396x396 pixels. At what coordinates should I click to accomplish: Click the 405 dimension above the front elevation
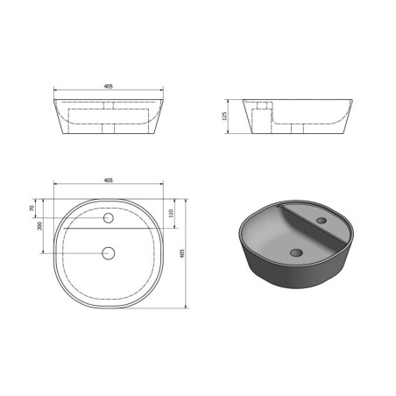[x=108, y=87]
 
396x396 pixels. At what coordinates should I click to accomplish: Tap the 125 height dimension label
[x=224, y=116]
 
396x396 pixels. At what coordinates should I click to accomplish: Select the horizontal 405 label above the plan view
[x=108, y=180]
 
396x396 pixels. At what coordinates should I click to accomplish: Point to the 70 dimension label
[x=32, y=209]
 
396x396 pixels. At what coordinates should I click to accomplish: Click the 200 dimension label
[x=39, y=226]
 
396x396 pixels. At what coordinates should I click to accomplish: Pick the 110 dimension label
[x=171, y=213]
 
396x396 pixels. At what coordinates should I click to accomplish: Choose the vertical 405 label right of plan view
[x=182, y=253]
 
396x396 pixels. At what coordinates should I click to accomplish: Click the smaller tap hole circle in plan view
[x=109, y=218]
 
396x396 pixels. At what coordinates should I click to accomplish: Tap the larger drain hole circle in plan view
[x=109, y=253]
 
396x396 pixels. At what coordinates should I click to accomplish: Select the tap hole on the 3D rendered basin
[x=322, y=220]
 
